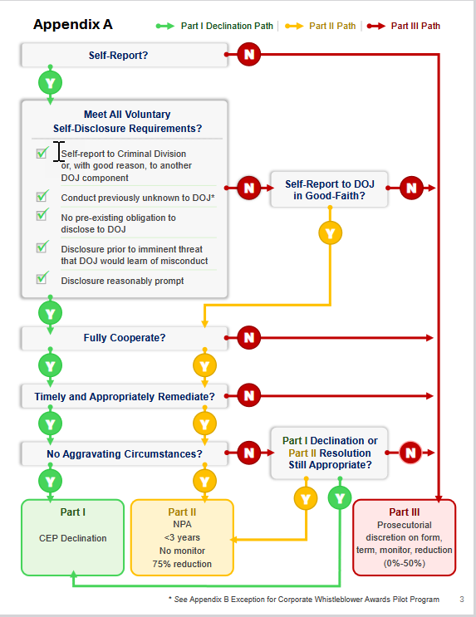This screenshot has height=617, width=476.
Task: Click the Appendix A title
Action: tap(73, 24)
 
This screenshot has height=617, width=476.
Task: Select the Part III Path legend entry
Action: tap(404, 26)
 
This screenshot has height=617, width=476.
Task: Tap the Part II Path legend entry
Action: tap(321, 26)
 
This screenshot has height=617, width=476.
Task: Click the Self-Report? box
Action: tap(124, 55)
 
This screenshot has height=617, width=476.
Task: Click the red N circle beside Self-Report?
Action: tap(249, 54)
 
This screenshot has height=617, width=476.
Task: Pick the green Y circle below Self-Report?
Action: tap(50, 83)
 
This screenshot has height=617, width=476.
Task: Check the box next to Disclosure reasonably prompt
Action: tap(42, 278)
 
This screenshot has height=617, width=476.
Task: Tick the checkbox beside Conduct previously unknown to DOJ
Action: tap(42, 196)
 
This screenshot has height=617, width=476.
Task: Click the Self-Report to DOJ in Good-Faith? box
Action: tap(329, 189)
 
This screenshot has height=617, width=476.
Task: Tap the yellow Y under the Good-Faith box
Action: tap(330, 233)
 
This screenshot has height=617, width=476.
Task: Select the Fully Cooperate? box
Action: tap(124, 338)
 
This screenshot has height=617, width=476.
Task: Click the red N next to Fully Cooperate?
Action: tap(249, 338)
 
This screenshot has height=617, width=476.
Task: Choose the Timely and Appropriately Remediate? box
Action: tap(124, 396)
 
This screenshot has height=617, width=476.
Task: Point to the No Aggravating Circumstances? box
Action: tap(124, 453)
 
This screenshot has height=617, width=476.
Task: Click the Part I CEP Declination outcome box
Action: tap(73, 537)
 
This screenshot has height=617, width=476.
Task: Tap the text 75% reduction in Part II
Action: tap(182, 564)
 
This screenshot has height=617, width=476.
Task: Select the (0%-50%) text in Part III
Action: tap(405, 563)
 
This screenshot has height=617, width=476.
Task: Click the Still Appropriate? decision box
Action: tap(329, 453)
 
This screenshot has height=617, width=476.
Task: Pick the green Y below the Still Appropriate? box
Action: tap(340, 497)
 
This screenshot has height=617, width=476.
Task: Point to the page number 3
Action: tap(462, 600)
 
